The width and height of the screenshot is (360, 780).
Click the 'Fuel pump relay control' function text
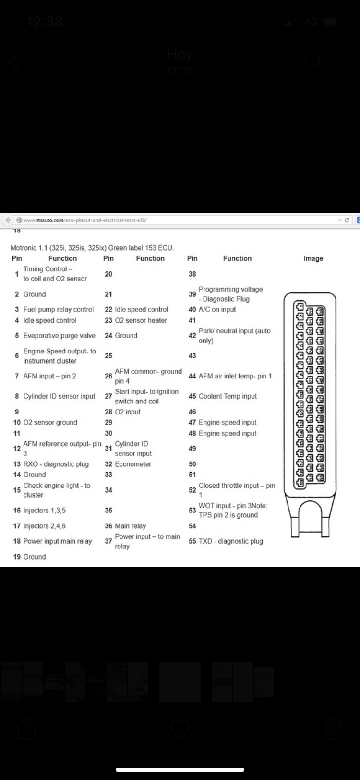click(58, 310)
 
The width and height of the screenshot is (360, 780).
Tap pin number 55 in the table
click(192, 541)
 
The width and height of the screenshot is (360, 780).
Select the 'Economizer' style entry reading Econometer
click(133, 464)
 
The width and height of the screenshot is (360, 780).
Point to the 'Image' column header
click(313, 258)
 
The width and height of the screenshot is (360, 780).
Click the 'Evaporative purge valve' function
click(59, 336)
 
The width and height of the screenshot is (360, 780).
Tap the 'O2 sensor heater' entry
click(141, 320)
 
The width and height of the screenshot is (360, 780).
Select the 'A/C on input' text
click(217, 310)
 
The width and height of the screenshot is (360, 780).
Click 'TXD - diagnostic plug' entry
click(230, 541)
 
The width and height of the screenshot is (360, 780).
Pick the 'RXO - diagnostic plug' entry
click(56, 464)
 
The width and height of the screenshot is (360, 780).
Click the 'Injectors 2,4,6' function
click(44, 526)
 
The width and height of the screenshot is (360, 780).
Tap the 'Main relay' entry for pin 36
click(130, 526)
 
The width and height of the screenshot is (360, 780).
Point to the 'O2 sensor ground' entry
click(50, 423)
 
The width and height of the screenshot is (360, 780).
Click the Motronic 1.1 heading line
click(92, 248)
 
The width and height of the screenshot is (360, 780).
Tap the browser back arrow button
click(8, 220)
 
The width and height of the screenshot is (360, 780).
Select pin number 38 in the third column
click(192, 274)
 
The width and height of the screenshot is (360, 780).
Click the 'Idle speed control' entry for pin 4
click(49, 320)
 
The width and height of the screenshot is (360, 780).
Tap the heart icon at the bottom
click(180, 730)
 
